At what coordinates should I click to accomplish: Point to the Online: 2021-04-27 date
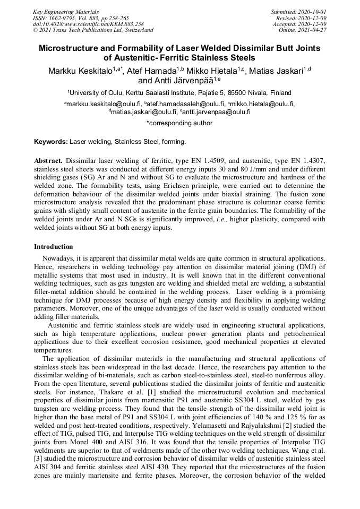click(303, 30)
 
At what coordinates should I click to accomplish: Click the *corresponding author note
click(179, 123)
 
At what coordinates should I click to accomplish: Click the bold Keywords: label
click(51, 142)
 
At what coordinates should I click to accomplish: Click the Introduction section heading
click(53, 247)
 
